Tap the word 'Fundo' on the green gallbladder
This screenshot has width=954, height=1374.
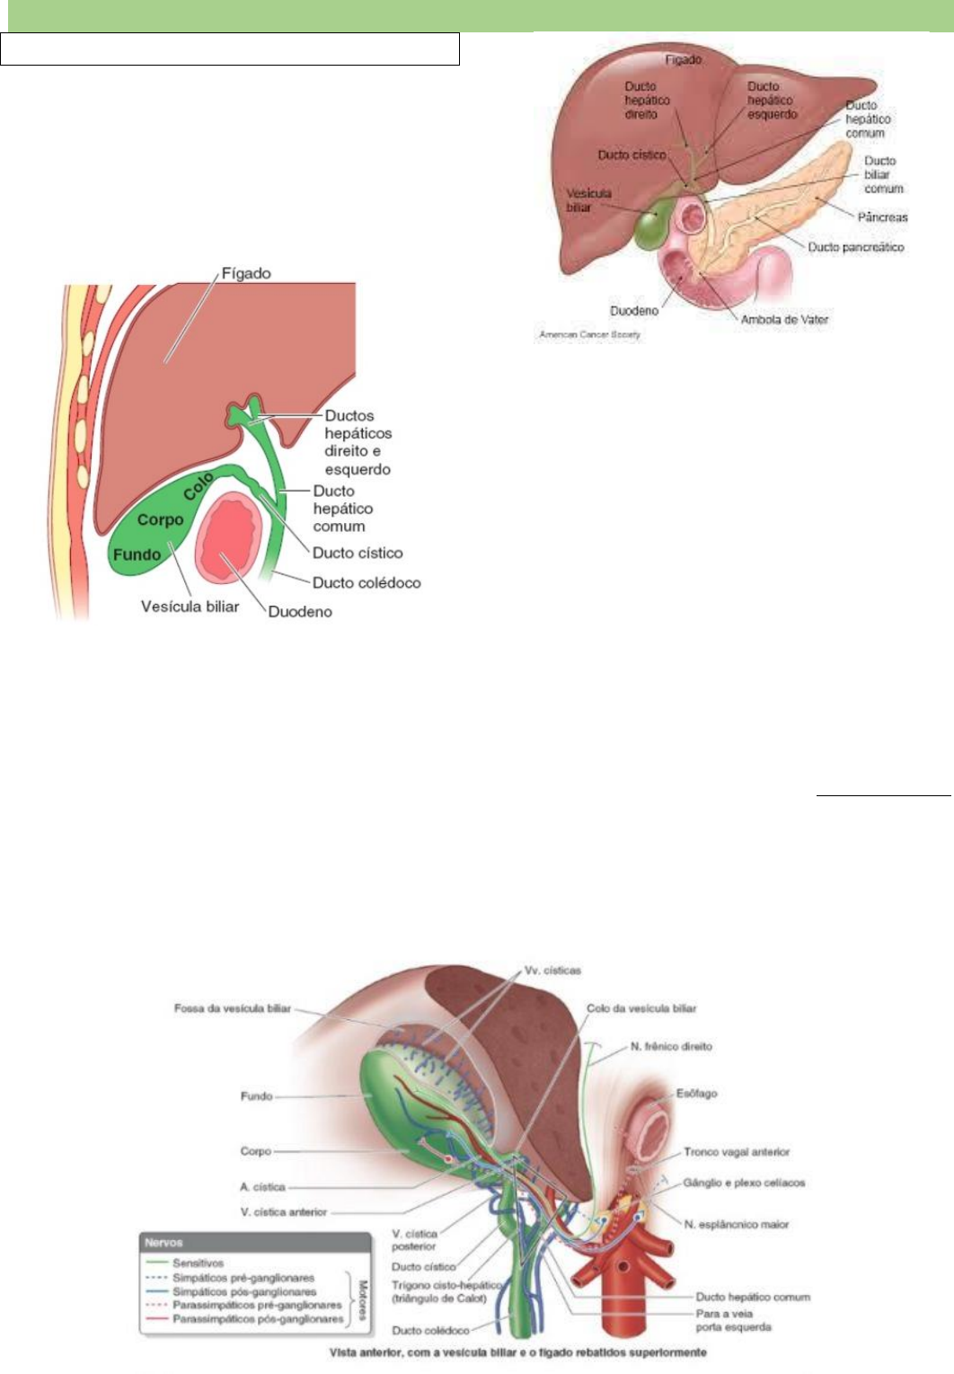137,554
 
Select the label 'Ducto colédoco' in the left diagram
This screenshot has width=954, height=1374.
366,582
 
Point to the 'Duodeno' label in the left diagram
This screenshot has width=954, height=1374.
300,612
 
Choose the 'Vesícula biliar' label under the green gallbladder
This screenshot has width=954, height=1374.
190,607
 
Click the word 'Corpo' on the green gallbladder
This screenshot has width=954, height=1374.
160,519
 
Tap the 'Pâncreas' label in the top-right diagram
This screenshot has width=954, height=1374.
881,217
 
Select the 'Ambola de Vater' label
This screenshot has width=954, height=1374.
784,319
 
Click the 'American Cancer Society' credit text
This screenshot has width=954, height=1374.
589,335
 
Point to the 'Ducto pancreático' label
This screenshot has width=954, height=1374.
855,247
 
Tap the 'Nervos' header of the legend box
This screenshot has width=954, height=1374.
163,1243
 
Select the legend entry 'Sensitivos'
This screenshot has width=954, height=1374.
198,1263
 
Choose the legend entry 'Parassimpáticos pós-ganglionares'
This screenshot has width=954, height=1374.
258,1319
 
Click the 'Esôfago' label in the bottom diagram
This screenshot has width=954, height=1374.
696,1094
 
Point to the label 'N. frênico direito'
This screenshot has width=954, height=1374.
672,1047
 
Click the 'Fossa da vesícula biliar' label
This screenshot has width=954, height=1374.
232,1008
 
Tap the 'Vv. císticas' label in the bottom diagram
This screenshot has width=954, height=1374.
552,971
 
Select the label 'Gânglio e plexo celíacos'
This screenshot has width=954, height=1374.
744,1183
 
